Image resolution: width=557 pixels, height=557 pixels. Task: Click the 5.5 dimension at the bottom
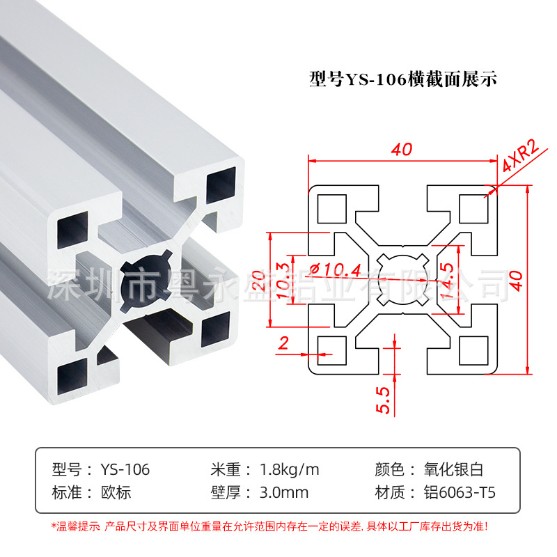click(x=382, y=399)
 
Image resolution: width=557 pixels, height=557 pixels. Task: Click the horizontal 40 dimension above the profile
click(x=402, y=149)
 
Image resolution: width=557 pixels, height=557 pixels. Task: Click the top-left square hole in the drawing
click(x=331, y=207)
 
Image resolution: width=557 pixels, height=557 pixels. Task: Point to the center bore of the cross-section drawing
click(x=402, y=279)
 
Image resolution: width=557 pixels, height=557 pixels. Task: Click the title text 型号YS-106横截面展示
click(x=402, y=78)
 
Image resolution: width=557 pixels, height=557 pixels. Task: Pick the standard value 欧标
click(x=116, y=493)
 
